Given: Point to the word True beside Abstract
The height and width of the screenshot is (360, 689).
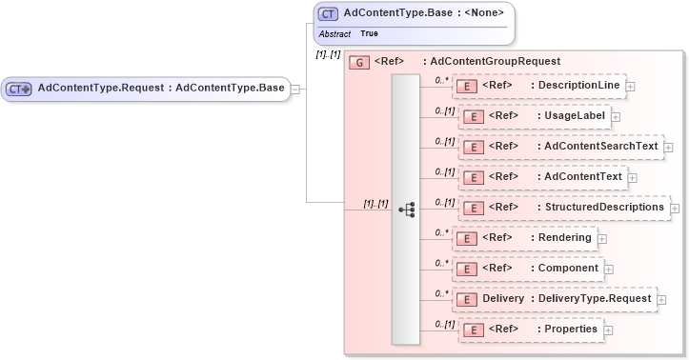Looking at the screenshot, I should pos(369,33).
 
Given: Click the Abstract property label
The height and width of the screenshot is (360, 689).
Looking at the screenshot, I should pos(334,33).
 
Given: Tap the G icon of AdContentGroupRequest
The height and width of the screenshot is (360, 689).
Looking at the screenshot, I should pos(359,62).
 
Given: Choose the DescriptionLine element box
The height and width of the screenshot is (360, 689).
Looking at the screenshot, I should pos(538,86).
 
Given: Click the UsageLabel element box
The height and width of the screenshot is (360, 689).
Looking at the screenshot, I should pos(535,116).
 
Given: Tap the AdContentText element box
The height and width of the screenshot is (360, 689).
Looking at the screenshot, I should pos(542,177).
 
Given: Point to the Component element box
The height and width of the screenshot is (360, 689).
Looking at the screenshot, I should pos(530,269).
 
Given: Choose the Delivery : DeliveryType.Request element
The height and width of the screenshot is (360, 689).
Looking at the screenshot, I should pos(554,299).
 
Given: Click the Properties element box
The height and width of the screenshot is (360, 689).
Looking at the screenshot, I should pos(530,330).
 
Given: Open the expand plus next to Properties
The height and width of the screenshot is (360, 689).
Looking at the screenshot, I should pos(609,330).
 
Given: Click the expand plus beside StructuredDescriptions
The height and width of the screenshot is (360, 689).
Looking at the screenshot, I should pos(675,209).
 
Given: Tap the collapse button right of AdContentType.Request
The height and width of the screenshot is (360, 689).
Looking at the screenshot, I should pos(296,90).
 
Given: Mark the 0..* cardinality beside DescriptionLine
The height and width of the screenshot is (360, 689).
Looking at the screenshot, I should pos(441,80).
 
